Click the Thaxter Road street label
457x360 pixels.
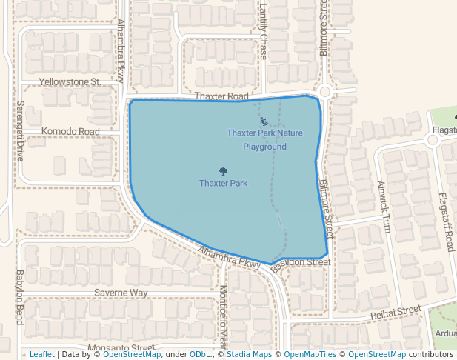click(x=221, y=97)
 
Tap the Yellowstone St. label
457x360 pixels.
click(x=70, y=81)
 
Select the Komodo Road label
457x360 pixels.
click(x=70, y=132)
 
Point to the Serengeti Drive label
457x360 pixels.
click(x=21, y=131)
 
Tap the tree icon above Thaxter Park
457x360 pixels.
click(x=223, y=171)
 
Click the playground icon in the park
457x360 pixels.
click(x=264, y=121)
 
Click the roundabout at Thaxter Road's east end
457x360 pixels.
click(x=324, y=92)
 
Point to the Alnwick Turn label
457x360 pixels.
click(x=383, y=207)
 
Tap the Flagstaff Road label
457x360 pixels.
click(x=446, y=221)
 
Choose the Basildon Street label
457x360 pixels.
click(x=300, y=263)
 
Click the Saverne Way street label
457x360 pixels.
click(x=121, y=293)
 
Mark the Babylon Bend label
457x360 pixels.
click(x=21, y=297)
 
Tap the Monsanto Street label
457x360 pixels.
click(x=121, y=347)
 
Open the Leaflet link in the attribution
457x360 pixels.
click(x=41, y=355)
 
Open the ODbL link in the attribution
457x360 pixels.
click(x=200, y=355)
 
